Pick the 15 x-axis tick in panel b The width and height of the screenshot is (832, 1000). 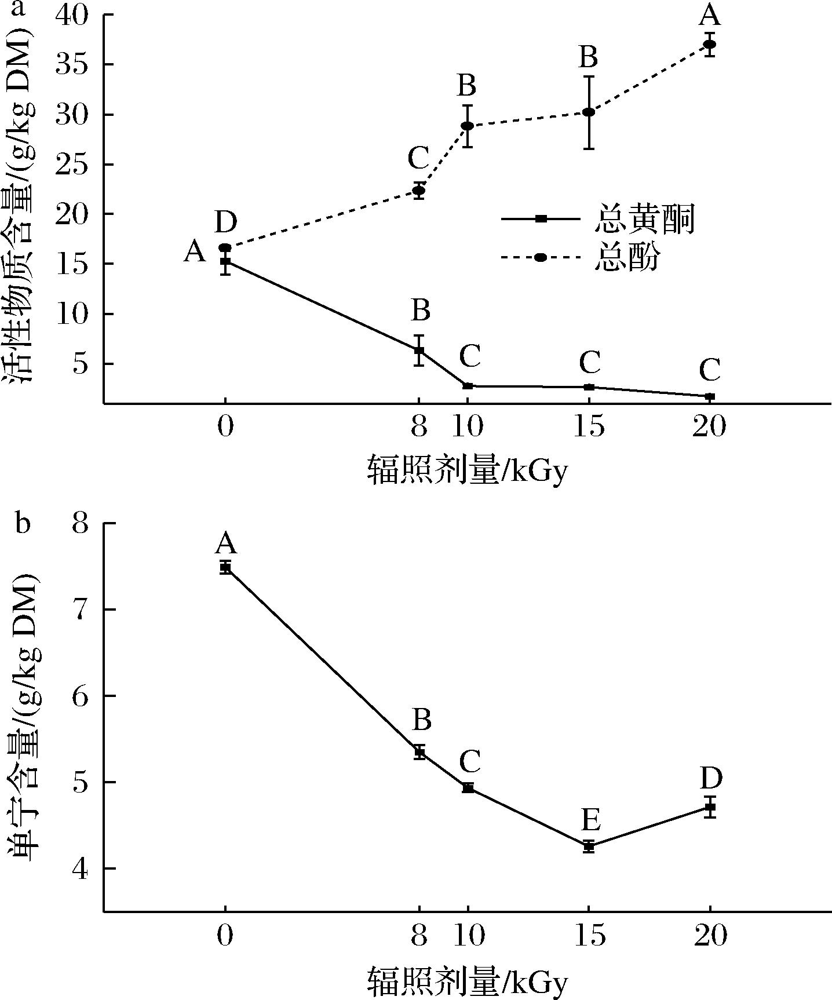[x=589, y=935]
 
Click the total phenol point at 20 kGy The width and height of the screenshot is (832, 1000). [x=710, y=44]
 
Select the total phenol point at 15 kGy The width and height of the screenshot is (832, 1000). [x=589, y=112]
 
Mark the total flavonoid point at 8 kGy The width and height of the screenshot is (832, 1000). [x=419, y=350]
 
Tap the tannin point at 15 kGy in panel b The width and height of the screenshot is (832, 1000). [x=589, y=846]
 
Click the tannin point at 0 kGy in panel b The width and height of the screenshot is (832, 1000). [x=225, y=567]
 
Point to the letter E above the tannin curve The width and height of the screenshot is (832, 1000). [x=590, y=820]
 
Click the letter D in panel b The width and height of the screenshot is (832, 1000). [x=710, y=779]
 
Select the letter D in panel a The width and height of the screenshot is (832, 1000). [x=226, y=222]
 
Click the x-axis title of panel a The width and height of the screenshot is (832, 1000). [x=467, y=470]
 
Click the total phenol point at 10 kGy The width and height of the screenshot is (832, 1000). [x=468, y=126]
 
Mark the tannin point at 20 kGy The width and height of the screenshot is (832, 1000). [x=710, y=806]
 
